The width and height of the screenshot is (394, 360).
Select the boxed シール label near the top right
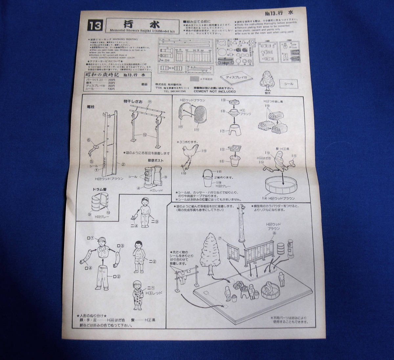289,84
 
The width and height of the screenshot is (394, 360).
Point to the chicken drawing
190,154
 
